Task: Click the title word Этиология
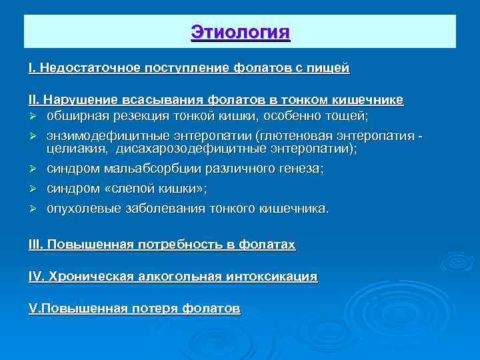(x=240, y=31)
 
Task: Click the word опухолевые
(x=82, y=209)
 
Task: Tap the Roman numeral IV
(x=35, y=276)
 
